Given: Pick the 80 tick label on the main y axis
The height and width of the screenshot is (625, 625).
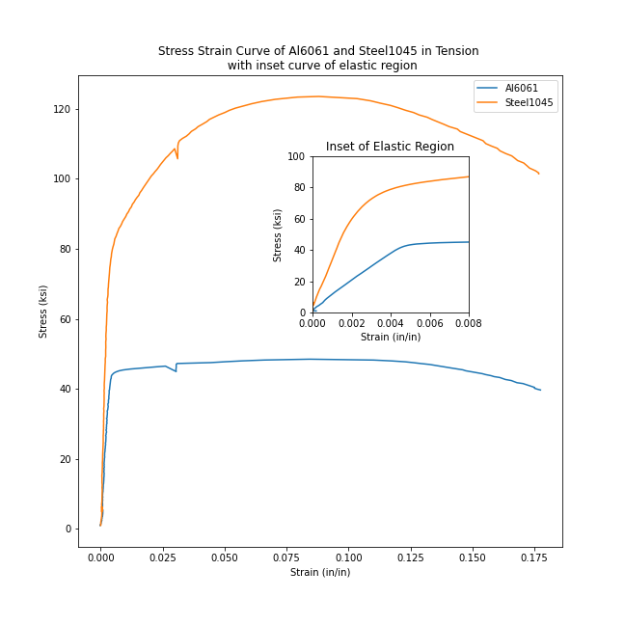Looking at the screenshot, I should [x=66, y=249].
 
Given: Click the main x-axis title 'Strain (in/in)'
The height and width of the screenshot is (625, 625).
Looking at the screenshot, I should [x=320, y=572].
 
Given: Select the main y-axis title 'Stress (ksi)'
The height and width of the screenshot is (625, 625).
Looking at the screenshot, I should [x=43, y=311].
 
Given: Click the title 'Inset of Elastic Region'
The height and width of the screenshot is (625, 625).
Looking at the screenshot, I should [x=390, y=147].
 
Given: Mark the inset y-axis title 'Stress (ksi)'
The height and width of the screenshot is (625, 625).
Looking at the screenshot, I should [x=278, y=234].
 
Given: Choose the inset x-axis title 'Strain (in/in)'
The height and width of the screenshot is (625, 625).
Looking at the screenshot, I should [x=391, y=337].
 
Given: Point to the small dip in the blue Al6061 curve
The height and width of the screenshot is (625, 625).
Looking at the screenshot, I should [x=176, y=371].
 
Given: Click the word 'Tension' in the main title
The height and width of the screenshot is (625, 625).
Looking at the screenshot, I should [x=454, y=51].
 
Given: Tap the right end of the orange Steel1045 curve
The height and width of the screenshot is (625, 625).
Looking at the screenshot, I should [x=539, y=175].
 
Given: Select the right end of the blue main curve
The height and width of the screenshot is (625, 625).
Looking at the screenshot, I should [x=540, y=390].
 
